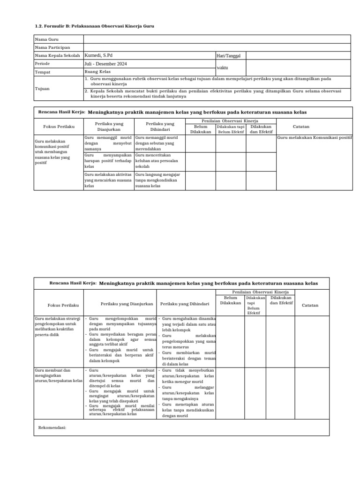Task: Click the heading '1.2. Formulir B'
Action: click(94, 26)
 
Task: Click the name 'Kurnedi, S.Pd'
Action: click(98, 55)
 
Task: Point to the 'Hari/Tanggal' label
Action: click(228, 56)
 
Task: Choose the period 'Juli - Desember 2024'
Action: click(105, 64)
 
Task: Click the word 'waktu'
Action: click(222, 68)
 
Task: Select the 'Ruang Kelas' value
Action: click(97, 72)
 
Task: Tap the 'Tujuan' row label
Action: click(43, 88)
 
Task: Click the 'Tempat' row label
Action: click(43, 73)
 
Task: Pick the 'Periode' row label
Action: click(43, 64)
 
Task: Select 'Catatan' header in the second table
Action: click(310, 305)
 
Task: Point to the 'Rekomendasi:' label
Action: click(52, 428)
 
